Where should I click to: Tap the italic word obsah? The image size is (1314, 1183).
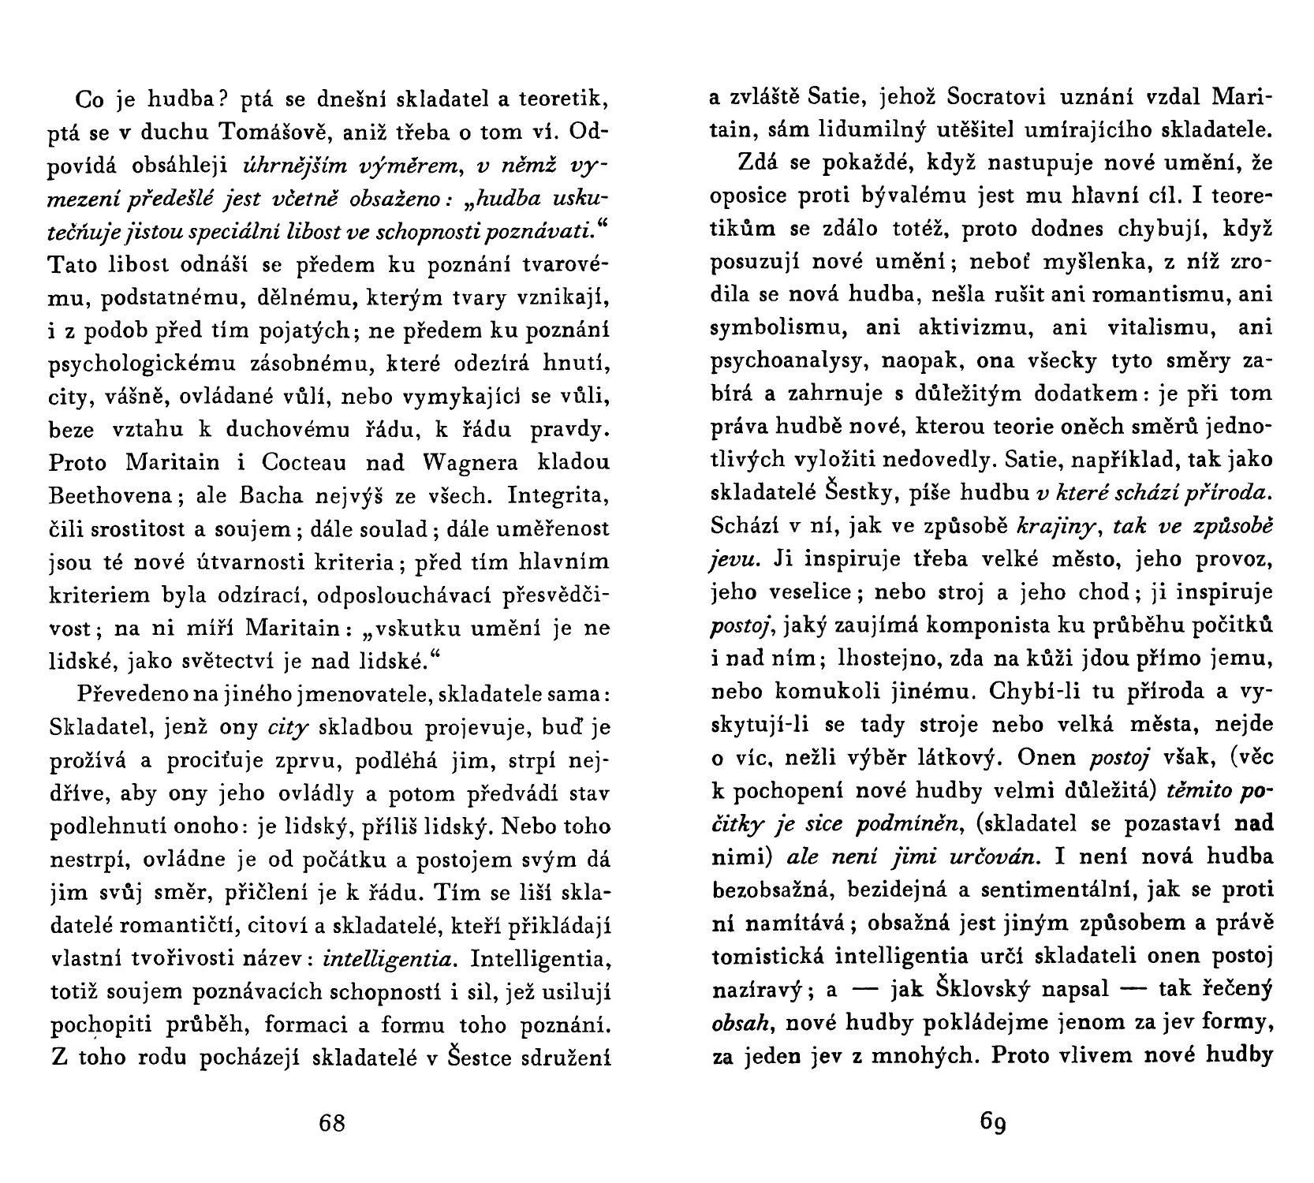point(736,1023)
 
